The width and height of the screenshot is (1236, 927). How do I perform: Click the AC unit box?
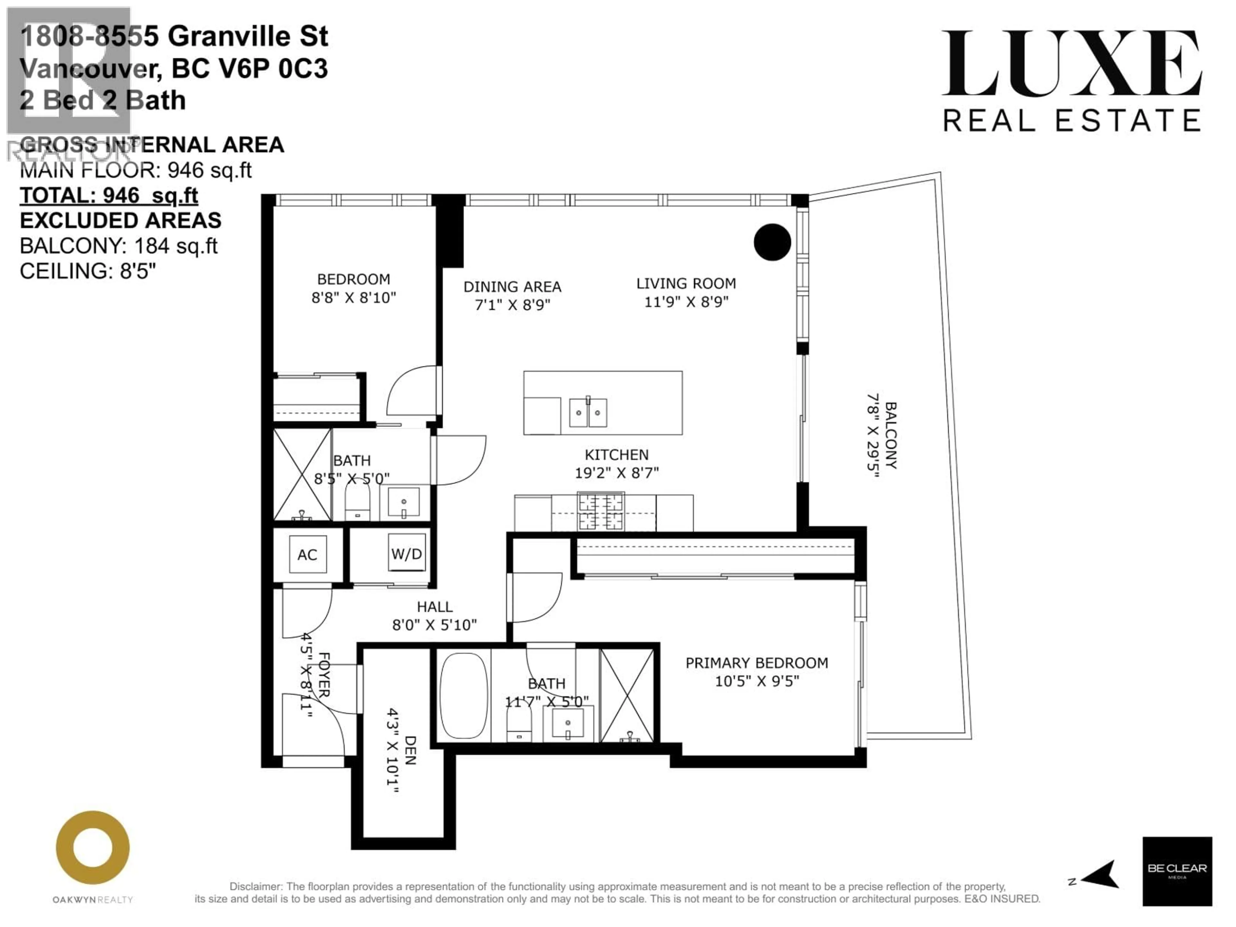coord(307,554)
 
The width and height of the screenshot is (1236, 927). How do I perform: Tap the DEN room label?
coord(410,750)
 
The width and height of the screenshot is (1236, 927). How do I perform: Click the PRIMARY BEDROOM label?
coord(757,663)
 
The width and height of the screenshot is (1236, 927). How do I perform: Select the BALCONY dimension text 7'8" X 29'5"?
coord(873,435)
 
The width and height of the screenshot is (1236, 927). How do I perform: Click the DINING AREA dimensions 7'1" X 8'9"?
coord(512,305)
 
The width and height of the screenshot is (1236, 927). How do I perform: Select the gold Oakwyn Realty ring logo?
coord(93,847)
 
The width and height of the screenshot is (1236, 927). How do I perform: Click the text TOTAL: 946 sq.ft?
coord(109,196)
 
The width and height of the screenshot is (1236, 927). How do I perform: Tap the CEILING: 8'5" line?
coord(88,272)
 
